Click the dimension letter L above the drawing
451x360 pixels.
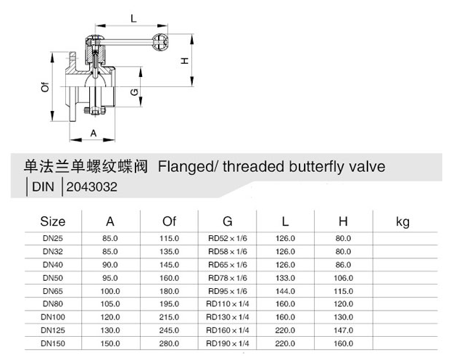pos(133,17)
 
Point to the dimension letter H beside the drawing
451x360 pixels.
pos(185,61)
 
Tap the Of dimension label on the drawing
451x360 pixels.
pos(45,89)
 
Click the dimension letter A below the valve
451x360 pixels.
pos(94,132)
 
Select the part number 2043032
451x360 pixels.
pos(91,187)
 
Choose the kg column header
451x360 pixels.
pos(403,221)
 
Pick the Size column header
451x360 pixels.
pos(53,221)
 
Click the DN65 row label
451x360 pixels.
pos(53,290)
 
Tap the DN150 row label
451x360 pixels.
pos(53,343)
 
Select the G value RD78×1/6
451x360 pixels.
pos(228,277)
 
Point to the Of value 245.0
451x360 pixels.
pos(170,330)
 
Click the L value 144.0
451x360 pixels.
pos(286,290)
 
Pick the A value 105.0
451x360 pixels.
pos(111,303)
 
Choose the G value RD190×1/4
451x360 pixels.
pos(228,343)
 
